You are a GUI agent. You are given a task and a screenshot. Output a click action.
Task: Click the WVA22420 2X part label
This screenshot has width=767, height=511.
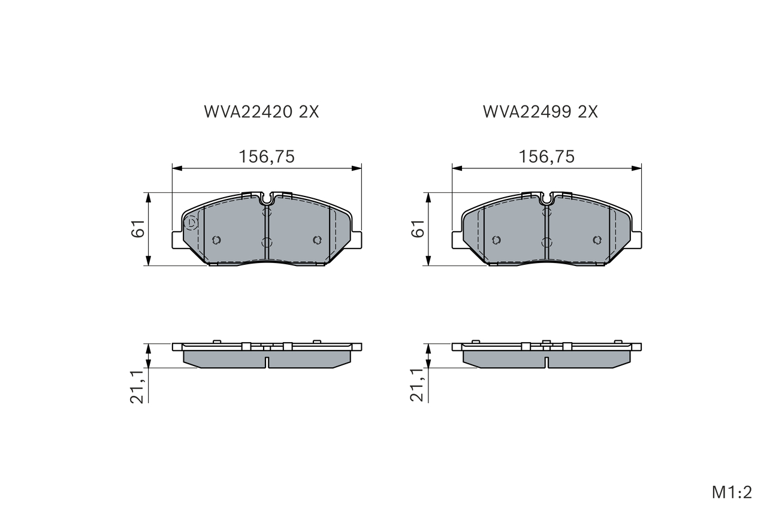click(x=261, y=111)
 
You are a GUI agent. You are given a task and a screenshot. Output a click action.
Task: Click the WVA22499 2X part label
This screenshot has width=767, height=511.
click(x=540, y=111)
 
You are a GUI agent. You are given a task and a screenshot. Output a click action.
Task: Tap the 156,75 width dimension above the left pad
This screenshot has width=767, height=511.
click(x=267, y=157)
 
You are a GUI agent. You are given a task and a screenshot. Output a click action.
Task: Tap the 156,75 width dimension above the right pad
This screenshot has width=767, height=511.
click(x=546, y=157)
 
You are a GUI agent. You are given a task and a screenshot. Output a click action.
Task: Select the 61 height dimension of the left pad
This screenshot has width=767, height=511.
click(x=138, y=228)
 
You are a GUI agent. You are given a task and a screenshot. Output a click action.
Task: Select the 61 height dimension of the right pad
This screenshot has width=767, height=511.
click(x=418, y=228)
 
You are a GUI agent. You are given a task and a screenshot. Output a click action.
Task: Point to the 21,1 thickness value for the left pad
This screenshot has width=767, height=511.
click(x=138, y=386)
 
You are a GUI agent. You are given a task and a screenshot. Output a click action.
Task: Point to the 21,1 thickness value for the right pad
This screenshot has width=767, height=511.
click(x=418, y=386)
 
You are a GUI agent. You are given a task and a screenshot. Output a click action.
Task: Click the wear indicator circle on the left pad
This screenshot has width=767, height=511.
click(x=191, y=223)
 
